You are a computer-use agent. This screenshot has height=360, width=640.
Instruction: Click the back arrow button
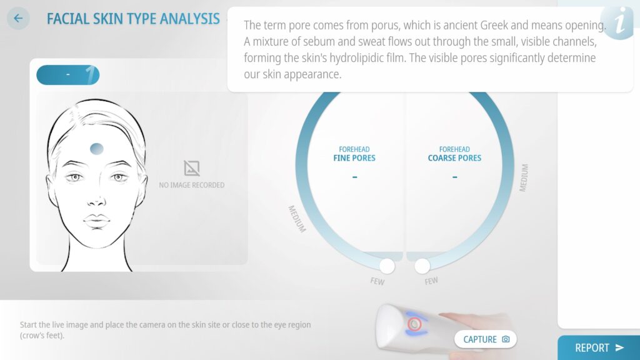click(18, 18)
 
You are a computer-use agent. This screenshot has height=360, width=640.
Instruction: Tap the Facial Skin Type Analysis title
click(133, 19)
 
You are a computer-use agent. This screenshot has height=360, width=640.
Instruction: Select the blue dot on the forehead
click(97, 149)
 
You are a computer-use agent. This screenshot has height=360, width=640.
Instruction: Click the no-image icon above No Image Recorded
click(191, 167)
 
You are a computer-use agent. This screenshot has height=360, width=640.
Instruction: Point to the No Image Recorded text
click(191, 185)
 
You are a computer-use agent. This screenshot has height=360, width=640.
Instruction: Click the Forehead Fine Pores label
click(354, 154)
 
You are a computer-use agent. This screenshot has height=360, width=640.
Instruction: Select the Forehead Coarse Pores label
click(454, 154)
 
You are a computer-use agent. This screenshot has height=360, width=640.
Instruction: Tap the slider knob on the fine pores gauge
click(387, 266)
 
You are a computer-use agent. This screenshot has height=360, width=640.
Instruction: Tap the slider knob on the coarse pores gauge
click(422, 266)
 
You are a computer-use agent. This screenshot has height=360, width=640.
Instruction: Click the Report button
click(599, 347)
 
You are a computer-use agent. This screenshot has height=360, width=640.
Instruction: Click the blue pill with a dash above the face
click(67, 75)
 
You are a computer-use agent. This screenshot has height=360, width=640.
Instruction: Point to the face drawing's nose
click(96, 200)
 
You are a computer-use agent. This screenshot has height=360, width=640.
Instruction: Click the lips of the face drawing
click(97, 221)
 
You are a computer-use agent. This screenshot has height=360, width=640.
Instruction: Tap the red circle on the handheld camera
click(414, 324)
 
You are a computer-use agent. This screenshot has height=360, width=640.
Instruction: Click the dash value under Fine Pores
click(355, 177)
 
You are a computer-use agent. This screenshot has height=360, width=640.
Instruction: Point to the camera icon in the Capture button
click(506, 339)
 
